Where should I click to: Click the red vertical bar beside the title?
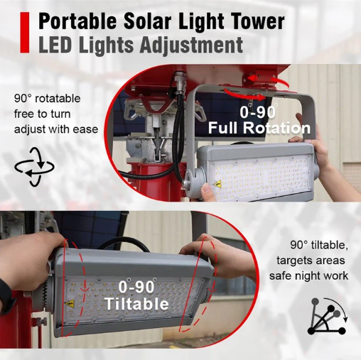click(24, 33)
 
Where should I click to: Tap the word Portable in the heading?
click(77, 21)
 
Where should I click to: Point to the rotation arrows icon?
click(34, 166)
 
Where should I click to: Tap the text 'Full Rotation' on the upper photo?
click(259, 128)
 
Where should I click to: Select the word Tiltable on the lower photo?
click(136, 303)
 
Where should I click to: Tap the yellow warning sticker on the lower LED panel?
click(70, 303)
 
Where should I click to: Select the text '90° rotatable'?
click(48, 99)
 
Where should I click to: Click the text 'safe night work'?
click(308, 276)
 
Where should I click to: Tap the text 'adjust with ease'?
click(56, 129)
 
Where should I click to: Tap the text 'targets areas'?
click(311, 261)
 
